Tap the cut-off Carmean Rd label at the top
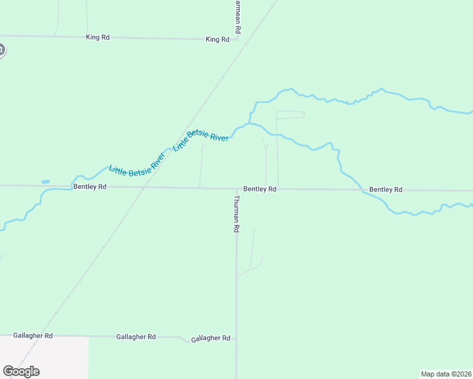click(x=237, y=16)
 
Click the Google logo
click(x=21, y=371)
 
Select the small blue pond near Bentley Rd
click(x=46, y=182)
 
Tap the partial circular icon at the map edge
click(x=2, y=50)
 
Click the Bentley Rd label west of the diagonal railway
click(x=90, y=187)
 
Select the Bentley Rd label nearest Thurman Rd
click(x=260, y=189)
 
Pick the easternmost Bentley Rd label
click(x=386, y=189)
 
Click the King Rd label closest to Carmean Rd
click(x=217, y=39)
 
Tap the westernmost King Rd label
click(x=97, y=37)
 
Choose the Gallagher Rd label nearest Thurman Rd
click(x=211, y=339)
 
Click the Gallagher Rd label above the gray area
click(x=32, y=336)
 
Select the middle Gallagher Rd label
click(x=136, y=337)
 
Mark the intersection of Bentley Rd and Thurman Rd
click(x=236, y=188)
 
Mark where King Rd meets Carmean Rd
click(x=237, y=39)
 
